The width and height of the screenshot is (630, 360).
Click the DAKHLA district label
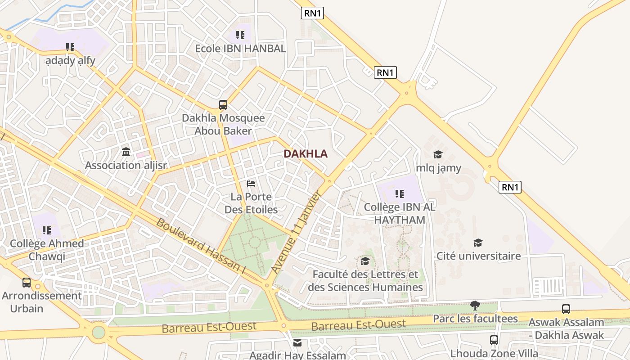tap(305, 154)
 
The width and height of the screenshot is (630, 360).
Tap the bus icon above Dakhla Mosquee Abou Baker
tap(223, 105)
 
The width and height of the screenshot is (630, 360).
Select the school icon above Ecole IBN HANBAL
tap(240, 35)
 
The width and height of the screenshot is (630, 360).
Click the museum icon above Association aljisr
tap(126, 152)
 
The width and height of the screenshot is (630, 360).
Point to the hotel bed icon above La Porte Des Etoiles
tap(251, 183)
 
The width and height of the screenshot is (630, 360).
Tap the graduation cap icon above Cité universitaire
tap(478, 243)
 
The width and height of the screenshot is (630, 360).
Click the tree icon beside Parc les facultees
tap(475, 306)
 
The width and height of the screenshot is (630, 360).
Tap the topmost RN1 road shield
tap(312, 13)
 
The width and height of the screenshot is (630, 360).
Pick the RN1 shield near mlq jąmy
tap(510, 187)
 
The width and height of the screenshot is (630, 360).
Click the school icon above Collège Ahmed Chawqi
tap(47, 230)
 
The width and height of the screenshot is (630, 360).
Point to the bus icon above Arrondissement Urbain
tap(27, 283)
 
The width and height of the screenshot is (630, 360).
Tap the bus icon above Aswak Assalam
tap(566, 309)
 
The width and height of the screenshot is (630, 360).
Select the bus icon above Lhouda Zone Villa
tap(494, 340)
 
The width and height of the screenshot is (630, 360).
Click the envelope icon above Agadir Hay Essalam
tap(297, 343)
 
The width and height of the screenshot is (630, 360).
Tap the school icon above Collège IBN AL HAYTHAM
tap(399, 194)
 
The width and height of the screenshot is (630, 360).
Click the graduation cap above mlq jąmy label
tap(438, 155)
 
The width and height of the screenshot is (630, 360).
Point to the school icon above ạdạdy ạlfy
tap(70, 47)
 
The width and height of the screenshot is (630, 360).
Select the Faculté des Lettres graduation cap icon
tap(365, 261)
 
